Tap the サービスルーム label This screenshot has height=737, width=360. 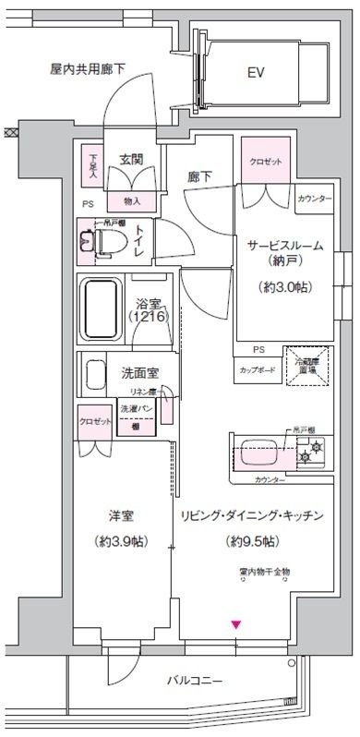283,245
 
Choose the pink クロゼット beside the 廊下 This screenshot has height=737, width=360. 266,160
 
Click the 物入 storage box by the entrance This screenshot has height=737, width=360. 131,199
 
